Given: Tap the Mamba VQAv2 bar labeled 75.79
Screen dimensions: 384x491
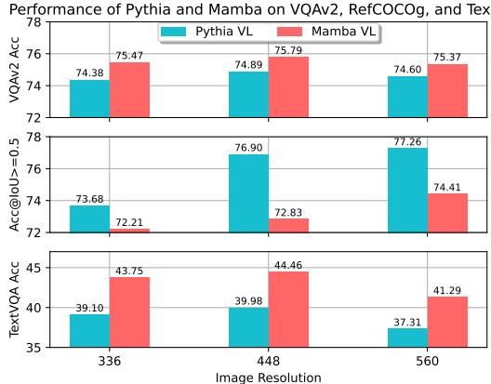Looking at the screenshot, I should tap(288, 86).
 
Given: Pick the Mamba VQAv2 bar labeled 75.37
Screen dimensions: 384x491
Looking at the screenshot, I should tap(447, 90).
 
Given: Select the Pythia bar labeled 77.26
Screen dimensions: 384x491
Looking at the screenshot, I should tap(407, 190).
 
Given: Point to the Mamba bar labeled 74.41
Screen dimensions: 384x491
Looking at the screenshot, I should tap(447, 212).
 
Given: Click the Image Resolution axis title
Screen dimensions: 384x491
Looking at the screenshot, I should tap(269, 377).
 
